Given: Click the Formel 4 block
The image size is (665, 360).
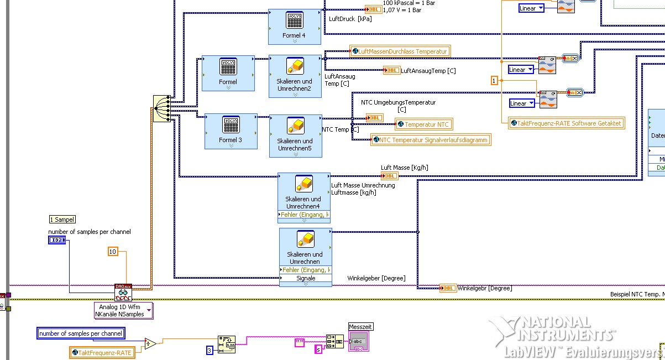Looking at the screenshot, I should (x=294, y=26).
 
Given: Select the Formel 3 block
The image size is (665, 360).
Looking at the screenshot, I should (x=231, y=131).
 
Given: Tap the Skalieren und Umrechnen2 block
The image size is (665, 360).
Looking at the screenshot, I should (x=295, y=76).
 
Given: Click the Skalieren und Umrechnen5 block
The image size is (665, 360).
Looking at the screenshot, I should (x=295, y=135).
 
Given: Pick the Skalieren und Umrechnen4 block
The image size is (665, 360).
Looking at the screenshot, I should (x=303, y=194).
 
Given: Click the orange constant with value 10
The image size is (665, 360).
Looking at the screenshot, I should (x=113, y=252).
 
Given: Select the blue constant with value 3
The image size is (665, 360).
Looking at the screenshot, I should (x=210, y=350).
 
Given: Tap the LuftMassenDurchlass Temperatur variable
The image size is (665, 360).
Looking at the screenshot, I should (x=400, y=51).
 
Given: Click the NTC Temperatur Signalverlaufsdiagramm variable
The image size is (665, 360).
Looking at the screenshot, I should (x=431, y=140).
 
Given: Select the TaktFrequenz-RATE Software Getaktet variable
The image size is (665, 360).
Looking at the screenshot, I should (x=567, y=123).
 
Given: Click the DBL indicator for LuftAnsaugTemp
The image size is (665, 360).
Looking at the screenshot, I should (x=392, y=70).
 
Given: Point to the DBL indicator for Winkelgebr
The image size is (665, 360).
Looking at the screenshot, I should (x=448, y=288).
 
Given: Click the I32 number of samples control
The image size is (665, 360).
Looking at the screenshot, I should (x=56, y=240).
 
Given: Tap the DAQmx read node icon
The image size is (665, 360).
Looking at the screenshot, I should (x=123, y=291).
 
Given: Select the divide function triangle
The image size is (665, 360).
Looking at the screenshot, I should (x=150, y=343).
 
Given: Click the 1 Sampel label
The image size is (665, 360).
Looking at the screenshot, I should (x=62, y=220).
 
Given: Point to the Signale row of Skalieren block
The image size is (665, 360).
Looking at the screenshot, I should (x=306, y=279).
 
